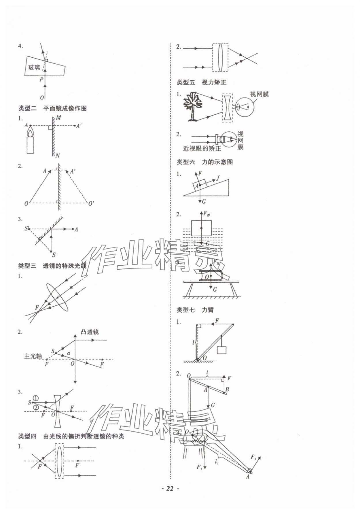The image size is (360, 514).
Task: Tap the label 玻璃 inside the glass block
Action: [34, 68]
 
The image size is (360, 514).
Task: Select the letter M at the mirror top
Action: [58, 118]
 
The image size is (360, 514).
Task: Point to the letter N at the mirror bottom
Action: [58, 156]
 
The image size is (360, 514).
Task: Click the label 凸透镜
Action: [90, 332]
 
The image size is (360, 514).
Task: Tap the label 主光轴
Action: [33, 356]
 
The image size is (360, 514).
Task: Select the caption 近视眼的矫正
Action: [202, 149]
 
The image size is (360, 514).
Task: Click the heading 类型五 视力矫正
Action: [201, 82]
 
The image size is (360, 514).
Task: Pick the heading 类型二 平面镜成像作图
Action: [52, 108]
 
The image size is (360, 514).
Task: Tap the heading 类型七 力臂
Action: [195, 310]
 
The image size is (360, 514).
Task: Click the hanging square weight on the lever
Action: [222, 350]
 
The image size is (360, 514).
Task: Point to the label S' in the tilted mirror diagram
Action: [27, 228]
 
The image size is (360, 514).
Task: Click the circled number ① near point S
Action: [36, 399]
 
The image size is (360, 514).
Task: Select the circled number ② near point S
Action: [36, 407]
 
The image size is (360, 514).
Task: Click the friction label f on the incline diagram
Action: [218, 177]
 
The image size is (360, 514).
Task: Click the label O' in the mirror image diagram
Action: [91, 204]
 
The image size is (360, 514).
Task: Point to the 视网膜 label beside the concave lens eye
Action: [259, 94]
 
